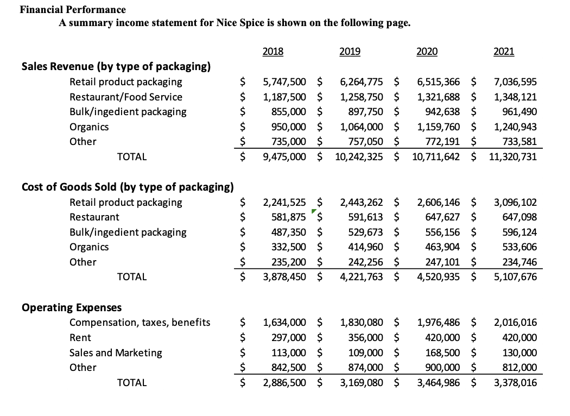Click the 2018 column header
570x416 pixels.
click(273, 52)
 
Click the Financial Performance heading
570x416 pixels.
click(73, 10)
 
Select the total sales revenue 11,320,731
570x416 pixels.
click(513, 156)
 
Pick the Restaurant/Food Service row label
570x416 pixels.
click(126, 97)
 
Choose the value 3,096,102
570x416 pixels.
click(515, 203)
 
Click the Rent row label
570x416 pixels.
click(80, 338)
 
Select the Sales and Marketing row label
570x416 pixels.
click(116, 352)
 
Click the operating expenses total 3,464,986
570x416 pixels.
click(439, 382)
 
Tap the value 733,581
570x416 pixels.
click(519, 142)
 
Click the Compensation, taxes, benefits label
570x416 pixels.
click(140, 323)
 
